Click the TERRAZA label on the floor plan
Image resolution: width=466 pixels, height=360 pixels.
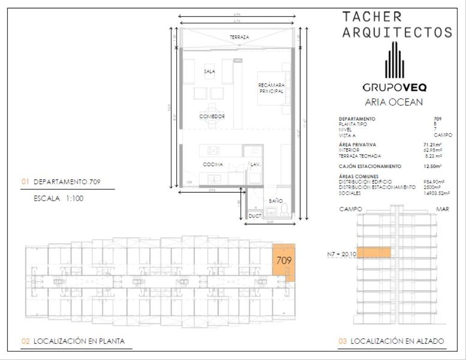(240, 37)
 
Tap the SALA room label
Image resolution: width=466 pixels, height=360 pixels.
(210, 72)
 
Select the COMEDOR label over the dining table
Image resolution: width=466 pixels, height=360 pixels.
(212, 116)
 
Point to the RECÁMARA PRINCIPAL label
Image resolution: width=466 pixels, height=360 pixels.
(271, 88)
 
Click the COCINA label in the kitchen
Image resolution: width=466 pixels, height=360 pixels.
(213, 164)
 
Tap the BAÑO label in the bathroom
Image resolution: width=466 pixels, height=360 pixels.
(276, 201)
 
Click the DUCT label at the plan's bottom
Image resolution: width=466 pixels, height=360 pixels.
(255, 216)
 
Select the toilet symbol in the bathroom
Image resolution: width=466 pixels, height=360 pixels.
(285, 209)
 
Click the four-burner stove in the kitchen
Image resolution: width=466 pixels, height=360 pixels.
(214, 150)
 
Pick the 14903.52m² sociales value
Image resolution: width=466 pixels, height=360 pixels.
(436, 193)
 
